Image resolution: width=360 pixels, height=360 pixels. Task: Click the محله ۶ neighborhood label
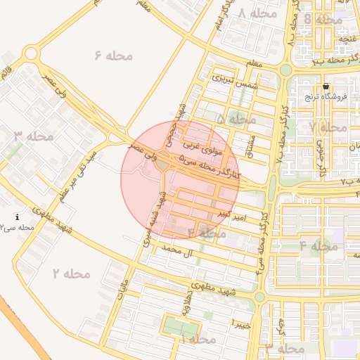pyautogui.click(x=112, y=55)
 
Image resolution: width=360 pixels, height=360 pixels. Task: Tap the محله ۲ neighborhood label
pyautogui.click(x=71, y=274)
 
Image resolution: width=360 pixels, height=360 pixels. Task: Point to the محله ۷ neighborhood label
pyautogui.click(x=328, y=127)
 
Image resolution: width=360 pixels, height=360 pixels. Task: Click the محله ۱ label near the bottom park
pyautogui.click(x=197, y=339)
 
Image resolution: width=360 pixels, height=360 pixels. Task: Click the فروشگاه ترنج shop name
pyautogui.click(x=321, y=97)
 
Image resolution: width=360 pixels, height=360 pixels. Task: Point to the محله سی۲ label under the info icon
pyautogui.click(x=18, y=229)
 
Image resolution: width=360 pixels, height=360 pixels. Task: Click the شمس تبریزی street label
pyautogui.click(x=231, y=80)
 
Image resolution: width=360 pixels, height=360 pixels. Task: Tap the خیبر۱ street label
pyautogui.click(x=240, y=323)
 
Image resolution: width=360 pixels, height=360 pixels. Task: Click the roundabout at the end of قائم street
pyautogui.click(x=30, y=53)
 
